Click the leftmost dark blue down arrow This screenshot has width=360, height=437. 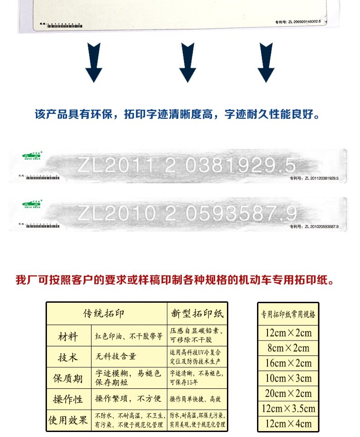[x=93, y=62]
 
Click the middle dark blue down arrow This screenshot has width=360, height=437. [x=187, y=62]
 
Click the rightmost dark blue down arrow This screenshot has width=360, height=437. [x=266, y=62]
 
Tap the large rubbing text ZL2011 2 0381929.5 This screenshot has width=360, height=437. [x=186, y=165]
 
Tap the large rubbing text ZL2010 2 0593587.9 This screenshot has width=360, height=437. [x=187, y=213]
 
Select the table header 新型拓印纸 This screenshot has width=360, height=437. [x=197, y=314]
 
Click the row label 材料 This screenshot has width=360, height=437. [x=68, y=337]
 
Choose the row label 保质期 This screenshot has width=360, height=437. [x=68, y=378]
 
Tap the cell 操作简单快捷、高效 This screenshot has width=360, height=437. [x=196, y=399]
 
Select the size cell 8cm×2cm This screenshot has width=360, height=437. [x=288, y=348]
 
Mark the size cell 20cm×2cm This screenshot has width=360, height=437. [x=288, y=393]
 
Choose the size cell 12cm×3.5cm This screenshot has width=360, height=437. [x=288, y=408]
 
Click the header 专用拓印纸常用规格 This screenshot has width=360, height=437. [x=288, y=314]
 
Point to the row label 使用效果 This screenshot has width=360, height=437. [x=68, y=420]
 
